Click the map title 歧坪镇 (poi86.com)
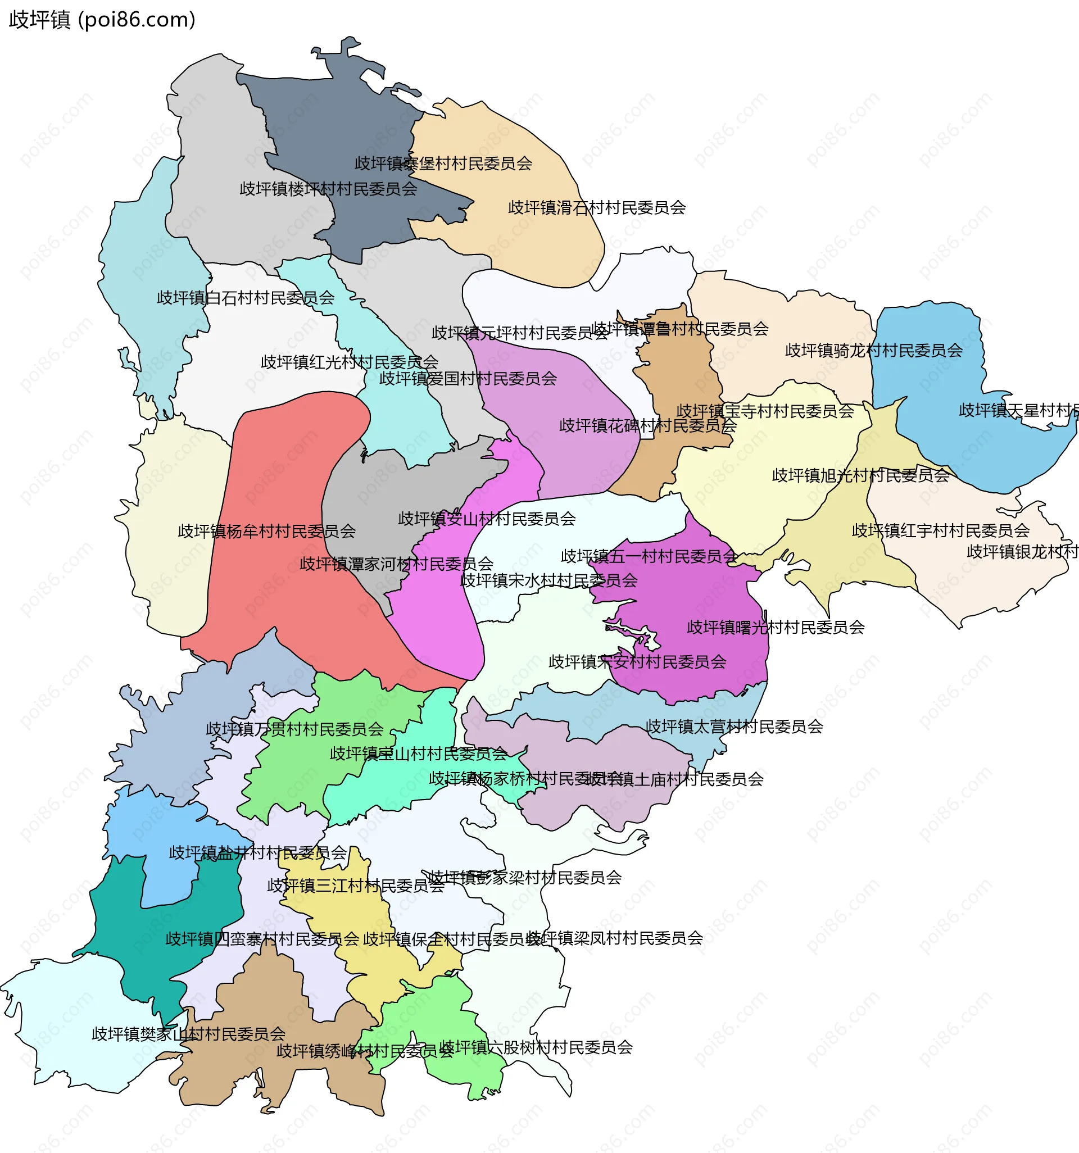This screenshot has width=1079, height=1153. coord(102,20)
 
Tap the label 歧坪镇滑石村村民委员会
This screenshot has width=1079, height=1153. coord(596,208)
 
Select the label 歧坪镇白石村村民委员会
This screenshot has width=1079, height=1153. coord(246,298)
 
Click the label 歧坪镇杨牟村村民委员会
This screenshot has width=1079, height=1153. coord(266,531)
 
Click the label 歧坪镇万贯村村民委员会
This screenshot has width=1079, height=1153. coord(294,729)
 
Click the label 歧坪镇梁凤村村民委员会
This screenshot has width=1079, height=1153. coord(615,938)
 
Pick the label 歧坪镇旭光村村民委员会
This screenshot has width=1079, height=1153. coord(860,475)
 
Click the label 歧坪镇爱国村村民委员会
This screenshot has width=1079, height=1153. coord(468,379)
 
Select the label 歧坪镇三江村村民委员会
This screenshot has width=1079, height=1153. coord(355,886)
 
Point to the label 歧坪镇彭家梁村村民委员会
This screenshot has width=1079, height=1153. coord(525,878)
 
